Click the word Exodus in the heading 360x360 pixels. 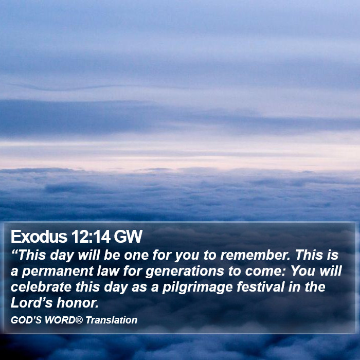pyautogui.click(x=39, y=236)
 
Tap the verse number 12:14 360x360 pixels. pyautogui.click(x=91, y=236)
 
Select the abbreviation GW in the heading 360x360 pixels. pyautogui.click(x=128, y=236)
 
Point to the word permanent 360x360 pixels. pyautogui.click(x=57, y=272)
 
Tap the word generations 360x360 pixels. pyautogui.click(x=185, y=272)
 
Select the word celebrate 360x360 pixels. pyautogui.click(x=41, y=287)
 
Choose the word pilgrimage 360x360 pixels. pyautogui.click(x=197, y=287)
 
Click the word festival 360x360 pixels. pyautogui.click(x=261, y=287)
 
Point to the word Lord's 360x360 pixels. pyautogui.click(x=32, y=303)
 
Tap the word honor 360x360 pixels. pyautogui.click(x=78, y=303)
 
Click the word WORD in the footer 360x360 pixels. pyautogui.click(x=60, y=320)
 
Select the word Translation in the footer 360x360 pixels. pyautogui.click(x=112, y=320)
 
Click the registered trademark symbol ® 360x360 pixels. pyautogui.click(x=79, y=320)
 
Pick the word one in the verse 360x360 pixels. pyautogui.click(x=136, y=256)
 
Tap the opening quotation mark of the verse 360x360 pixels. pyautogui.click(x=14, y=251)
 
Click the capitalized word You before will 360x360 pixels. pyautogui.click(x=303, y=271)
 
